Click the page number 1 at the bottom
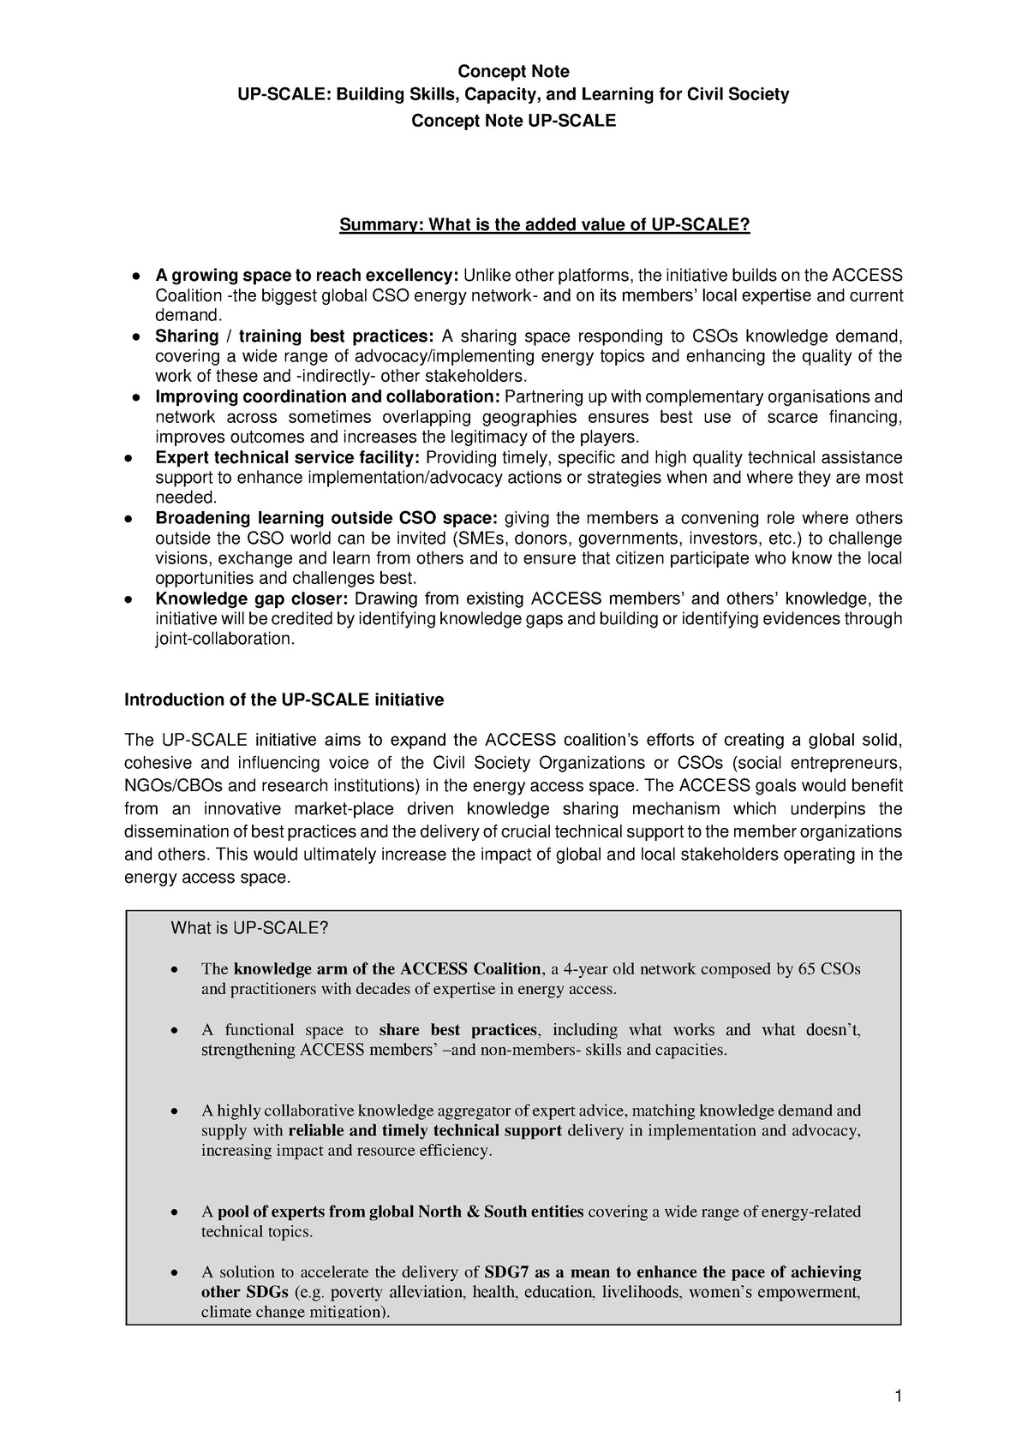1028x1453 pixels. [x=898, y=1396]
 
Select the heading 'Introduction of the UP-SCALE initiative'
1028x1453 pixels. [x=284, y=700]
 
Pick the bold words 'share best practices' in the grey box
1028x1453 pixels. [x=457, y=1030]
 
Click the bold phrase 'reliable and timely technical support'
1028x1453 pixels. [x=426, y=1130]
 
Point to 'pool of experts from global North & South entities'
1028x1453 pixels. [x=400, y=1212]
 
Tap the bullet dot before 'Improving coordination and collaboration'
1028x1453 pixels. [x=136, y=398]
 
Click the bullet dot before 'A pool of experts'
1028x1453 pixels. [x=175, y=1213]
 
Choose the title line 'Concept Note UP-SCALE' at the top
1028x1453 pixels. [x=513, y=121]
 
